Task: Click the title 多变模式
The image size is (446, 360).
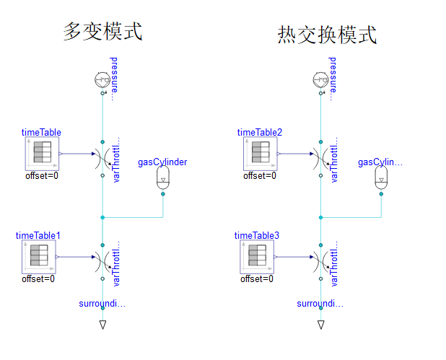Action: (102, 32)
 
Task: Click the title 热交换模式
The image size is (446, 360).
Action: (327, 35)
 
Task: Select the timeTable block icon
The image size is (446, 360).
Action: (41, 154)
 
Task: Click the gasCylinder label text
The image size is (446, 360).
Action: (162, 162)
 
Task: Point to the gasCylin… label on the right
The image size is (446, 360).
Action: (380, 162)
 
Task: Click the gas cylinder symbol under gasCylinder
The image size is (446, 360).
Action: (162, 180)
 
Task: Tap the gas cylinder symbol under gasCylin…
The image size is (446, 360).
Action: (380, 180)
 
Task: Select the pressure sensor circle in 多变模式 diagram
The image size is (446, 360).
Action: (102, 80)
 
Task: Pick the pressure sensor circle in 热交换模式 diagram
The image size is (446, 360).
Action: (320, 80)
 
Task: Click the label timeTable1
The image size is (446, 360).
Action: (38, 236)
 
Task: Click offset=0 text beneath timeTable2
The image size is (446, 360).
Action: (259, 175)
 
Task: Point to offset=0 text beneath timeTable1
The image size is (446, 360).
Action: (38, 278)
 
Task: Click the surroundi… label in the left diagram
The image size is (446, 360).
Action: (102, 304)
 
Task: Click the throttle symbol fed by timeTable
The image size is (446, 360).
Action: (103, 154)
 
